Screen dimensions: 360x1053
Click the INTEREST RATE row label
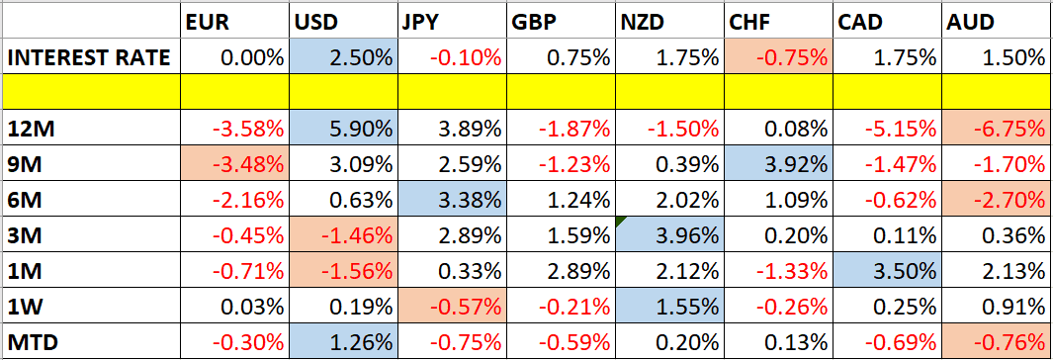89,57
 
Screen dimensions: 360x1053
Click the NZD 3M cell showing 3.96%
677,235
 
